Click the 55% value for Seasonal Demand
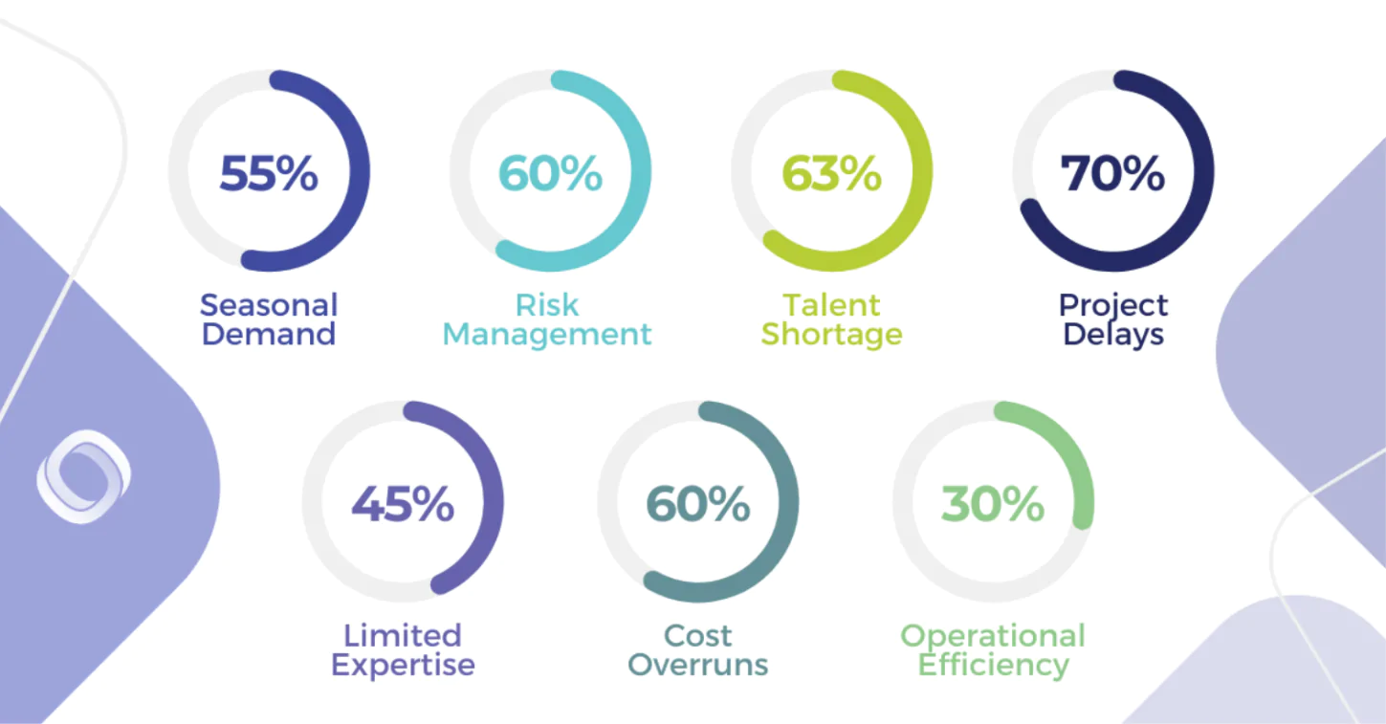(269, 173)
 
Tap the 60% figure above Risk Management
(550, 173)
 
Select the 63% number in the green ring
(831, 173)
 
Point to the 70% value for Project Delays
(1112, 173)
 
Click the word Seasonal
(269, 305)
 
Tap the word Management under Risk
(547, 335)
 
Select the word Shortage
(831, 335)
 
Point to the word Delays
(1113, 335)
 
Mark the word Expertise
(403, 665)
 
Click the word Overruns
(698, 665)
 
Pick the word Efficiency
(993, 665)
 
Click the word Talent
(831, 305)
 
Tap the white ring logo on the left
(84, 476)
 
